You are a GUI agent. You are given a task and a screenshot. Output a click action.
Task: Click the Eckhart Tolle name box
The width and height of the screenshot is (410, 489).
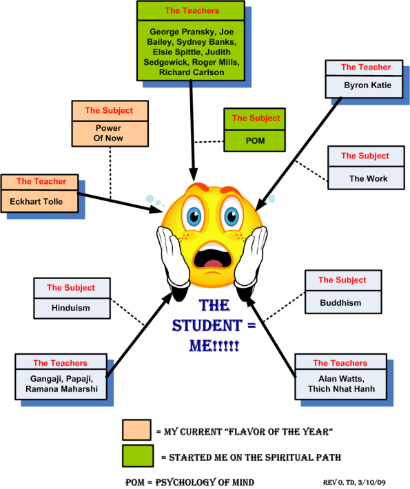coord(38,202)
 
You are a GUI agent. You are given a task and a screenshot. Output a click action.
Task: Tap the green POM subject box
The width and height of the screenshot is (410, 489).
coord(256,141)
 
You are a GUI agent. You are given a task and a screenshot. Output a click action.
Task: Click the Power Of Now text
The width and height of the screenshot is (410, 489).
coord(103,134)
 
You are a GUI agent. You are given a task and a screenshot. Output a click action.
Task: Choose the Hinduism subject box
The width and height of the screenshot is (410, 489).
coord(70,308)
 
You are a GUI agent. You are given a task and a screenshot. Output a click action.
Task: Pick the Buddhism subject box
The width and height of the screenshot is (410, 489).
coord(342,302)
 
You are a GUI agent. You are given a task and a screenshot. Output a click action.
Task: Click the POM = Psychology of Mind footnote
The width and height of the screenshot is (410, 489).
coord(189,481)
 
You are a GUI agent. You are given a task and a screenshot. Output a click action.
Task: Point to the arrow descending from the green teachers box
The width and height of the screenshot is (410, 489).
coord(192,131)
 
